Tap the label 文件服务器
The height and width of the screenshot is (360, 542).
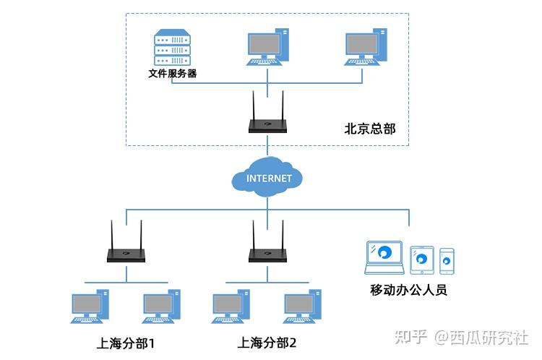pyautogui.click(x=173, y=73)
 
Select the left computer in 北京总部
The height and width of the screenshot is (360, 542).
pyautogui.click(x=268, y=46)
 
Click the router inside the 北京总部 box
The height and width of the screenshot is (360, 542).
pyautogui.click(x=267, y=124)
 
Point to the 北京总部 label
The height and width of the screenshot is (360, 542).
pyautogui.click(x=370, y=129)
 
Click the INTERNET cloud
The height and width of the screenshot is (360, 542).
pyautogui.click(x=268, y=178)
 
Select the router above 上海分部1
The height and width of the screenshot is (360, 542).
pyautogui.click(x=126, y=253)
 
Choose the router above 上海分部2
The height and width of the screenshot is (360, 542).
pyautogui.click(x=267, y=253)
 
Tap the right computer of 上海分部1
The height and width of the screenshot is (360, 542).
pyautogui.click(x=160, y=306)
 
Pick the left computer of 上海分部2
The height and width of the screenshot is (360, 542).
pyautogui.click(x=231, y=306)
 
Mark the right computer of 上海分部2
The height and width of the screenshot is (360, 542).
pyautogui.click(x=302, y=306)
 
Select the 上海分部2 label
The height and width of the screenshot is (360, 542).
pyautogui.click(x=267, y=342)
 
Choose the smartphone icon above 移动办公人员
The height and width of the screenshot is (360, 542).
pyautogui.click(x=447, y=261)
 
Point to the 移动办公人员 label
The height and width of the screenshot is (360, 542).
pyautogui.click(x=409, y=290)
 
